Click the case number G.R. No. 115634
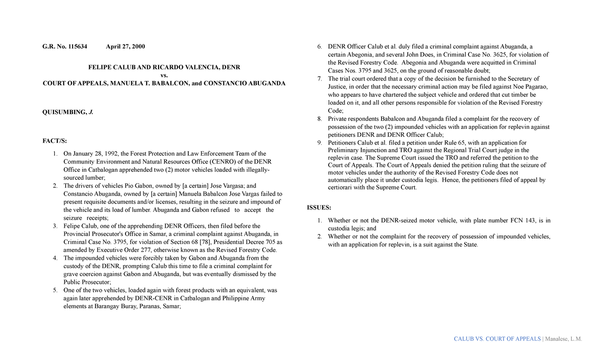tap(65, 46)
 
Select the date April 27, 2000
tap(126, 46)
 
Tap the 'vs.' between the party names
tap(165, 75)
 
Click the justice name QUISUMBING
tap(65, 112)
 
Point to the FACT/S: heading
tap(54, 141)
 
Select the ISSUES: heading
tap(319, 207)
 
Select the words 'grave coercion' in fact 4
tap(83, 274)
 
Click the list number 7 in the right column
tap(320, 79)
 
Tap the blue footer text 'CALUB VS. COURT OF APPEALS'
tap(497, 339)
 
